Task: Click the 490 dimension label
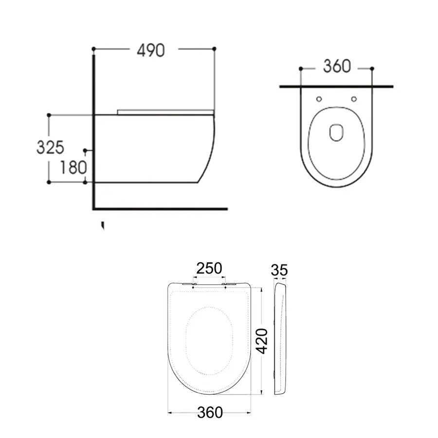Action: (x=150, y=50)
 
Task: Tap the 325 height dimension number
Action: (x=50, y=146)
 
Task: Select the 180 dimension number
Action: (x=73, y=167)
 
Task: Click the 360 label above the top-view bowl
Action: (x=337, y=66)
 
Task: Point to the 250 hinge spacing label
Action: (x=209, y=268)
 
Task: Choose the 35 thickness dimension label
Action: (x=280, y=269)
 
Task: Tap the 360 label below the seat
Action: (x=210, y=412)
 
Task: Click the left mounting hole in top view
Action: (x=319, y=99)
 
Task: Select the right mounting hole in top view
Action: (x=354, y=99)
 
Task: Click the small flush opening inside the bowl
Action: (x=336, y=132)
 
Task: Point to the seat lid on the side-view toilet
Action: (x=165, y=112)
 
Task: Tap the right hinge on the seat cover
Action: (x=229, y=284)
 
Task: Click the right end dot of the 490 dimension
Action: (x=214, y=49)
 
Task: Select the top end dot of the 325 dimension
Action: (x=49, y=115)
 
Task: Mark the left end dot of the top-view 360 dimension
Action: (x=301, y=69)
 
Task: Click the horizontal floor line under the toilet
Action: (x=161, y=208)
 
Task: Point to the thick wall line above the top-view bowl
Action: (x=336, y=86)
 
